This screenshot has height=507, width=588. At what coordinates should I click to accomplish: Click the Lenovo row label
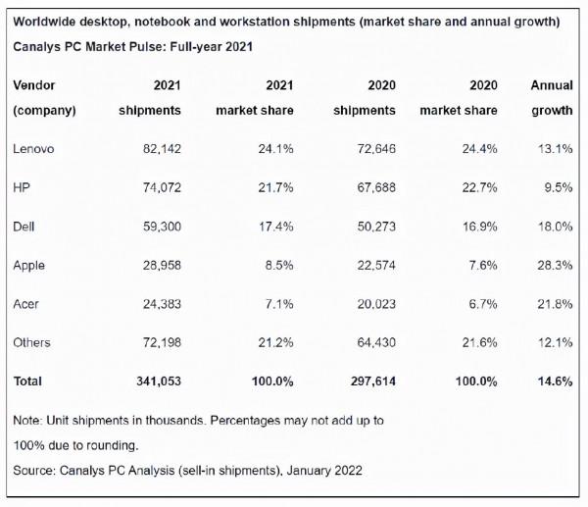coord(33,149)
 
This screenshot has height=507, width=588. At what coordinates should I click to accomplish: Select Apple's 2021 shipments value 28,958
coord(162,266)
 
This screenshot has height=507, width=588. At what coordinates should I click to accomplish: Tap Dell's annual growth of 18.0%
coord(556,227)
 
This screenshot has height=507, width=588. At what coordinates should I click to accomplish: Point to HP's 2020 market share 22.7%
coord(479,187)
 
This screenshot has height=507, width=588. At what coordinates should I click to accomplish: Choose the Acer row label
coord(25,304)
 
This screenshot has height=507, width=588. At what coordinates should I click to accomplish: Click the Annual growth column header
coord(552,98)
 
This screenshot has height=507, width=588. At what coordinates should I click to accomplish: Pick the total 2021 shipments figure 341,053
coord(159,381)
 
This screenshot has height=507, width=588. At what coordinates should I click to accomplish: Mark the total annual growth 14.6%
coord(556,381)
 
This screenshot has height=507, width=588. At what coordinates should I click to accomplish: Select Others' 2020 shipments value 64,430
coord(376,342)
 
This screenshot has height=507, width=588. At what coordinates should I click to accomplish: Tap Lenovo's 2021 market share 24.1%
coord(275,149)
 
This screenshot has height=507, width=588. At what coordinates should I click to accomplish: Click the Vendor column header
coord(34,85)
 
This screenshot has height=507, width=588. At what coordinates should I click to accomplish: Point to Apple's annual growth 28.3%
coord(555,266)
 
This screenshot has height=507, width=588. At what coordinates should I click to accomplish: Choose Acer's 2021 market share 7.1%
coord(279,304)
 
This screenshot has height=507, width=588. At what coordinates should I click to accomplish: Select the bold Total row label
coord(27,381)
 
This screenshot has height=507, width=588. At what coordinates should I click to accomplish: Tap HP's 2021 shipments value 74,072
coord(162,187)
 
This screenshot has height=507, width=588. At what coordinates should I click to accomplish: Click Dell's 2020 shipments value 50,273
coord(376,227)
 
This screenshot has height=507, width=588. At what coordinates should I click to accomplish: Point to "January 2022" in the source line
coord(324,470)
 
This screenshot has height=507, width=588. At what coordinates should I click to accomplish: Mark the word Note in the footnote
coord(27,421)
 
